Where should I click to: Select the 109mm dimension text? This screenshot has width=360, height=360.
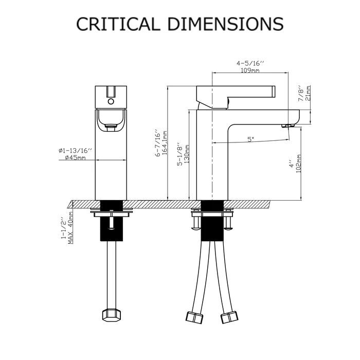coord(250,71)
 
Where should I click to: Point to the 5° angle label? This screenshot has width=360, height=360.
coord(251,139)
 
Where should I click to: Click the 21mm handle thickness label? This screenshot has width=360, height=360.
coord(309,95)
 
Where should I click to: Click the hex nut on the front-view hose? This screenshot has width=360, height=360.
coord(111,314)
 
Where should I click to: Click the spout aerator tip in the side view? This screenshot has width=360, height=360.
coord(288,125)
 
